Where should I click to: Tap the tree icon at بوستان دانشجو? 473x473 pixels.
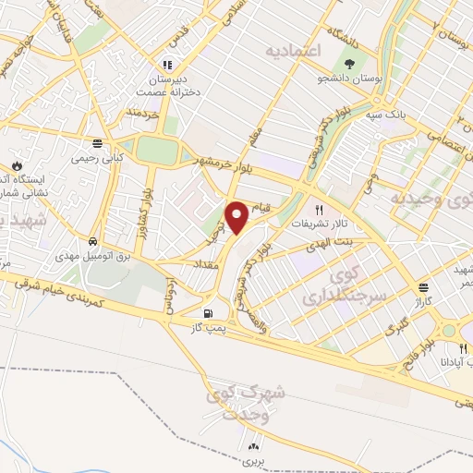coord(349,64)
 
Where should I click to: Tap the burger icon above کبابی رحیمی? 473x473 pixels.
coord(96,142)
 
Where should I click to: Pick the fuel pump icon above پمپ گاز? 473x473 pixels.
coord(215,313)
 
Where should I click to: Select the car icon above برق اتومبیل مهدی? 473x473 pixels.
coord(94,241)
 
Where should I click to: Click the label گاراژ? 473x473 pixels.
coord(422,303)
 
